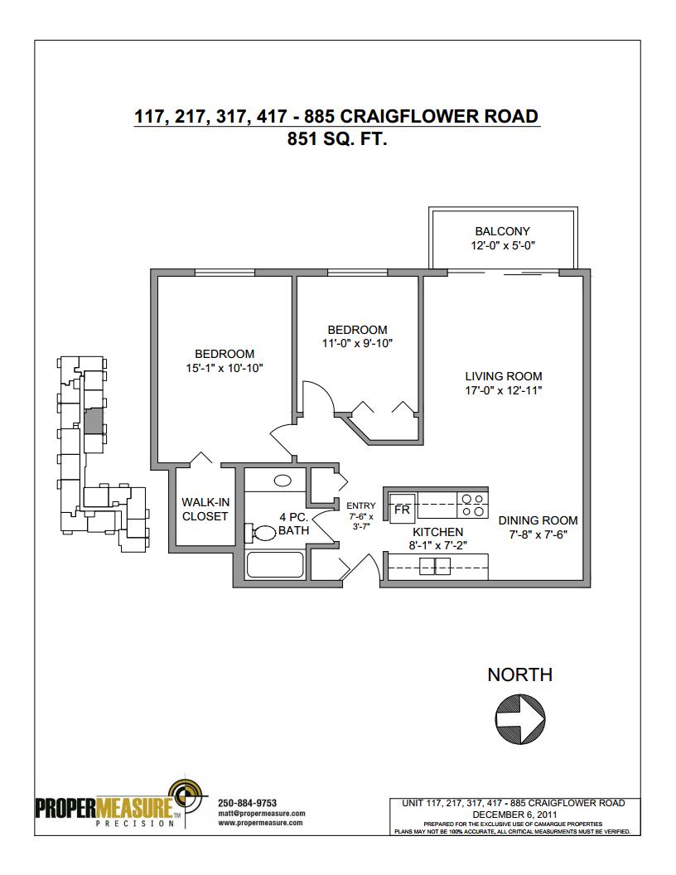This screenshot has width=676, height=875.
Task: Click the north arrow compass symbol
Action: (519, 718)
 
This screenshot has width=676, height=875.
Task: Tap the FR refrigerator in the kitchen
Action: (402, 509)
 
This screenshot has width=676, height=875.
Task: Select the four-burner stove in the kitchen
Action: (473, 505)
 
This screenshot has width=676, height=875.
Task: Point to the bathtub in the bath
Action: (275, 565)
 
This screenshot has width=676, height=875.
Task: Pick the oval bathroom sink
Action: (282, 481)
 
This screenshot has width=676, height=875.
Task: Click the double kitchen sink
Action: (435, 567)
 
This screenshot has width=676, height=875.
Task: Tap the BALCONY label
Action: (503, 231)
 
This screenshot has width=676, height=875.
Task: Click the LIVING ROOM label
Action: (504, 376)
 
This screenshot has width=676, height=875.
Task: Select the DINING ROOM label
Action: (538, 520)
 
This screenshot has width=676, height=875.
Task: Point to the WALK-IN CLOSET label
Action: (205, 509)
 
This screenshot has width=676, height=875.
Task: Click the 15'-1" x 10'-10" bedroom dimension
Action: (225, 368)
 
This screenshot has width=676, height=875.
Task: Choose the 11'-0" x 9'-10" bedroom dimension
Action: (358, 344)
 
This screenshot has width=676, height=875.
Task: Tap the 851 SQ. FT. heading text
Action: (337, 138)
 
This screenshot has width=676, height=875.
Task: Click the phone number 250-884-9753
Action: (247, 803)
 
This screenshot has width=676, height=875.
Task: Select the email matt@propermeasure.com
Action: (261, 813)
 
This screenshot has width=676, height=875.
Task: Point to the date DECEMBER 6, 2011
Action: (514, 815)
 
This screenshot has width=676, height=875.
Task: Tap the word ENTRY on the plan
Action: (361, 505)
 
